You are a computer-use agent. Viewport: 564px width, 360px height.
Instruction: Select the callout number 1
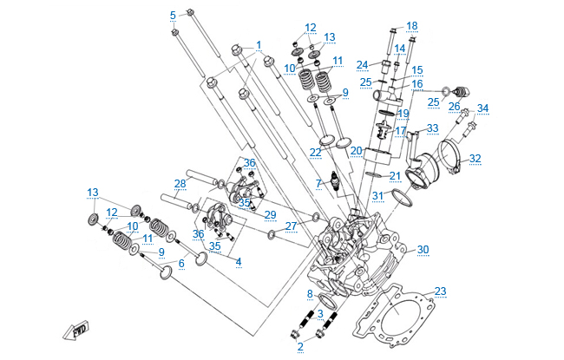(258, 44)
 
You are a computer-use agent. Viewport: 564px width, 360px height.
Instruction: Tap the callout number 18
(411, 25)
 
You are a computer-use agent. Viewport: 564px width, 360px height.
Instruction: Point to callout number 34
(482, 108)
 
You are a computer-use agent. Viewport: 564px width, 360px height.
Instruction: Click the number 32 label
(475, 159)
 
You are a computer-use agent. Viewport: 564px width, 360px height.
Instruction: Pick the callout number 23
(440, 291)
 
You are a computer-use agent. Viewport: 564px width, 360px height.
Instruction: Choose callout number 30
(423, 250)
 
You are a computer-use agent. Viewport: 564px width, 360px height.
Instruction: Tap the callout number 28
(180, 184)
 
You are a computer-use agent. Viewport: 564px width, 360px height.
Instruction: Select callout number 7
(318, 184)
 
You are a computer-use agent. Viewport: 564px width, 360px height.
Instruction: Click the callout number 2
(300, 347)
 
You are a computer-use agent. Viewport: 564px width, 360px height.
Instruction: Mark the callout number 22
(316, 153)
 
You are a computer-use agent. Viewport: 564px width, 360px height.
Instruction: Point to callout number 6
(180, 264)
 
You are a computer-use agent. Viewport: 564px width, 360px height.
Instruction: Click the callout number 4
(239, 263)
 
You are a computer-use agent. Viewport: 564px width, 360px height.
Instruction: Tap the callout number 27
(291, 226)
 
